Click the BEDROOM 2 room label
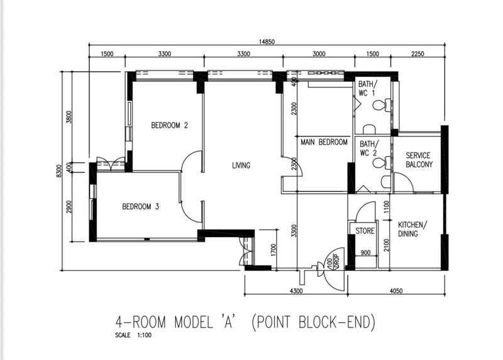click(x=169, y=125)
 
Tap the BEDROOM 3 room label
click(x=140, y=206)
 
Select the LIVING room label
click(x=241, y=166)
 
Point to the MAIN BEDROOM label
click(x=324, y=142)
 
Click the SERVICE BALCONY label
click(x=419, y=160)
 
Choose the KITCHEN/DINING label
click(x=412, y=229)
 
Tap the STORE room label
click(x=365, y=231)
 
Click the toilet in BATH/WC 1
click(x=383, y=105)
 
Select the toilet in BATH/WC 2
click(x=382, y=162)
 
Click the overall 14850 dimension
click(x=267, y=42)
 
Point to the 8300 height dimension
click(x=58, y=171)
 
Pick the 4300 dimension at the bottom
click(x=296, y=291)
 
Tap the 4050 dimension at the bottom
click(x=396, y=291)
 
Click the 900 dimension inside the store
click(x=365, y=253)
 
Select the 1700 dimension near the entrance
click(x=273, y=250)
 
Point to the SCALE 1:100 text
click(x=133, y=335)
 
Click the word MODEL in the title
click(x=194, y=322)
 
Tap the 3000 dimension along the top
click(x=319, y=54)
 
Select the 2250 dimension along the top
click(x=417, y=54)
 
